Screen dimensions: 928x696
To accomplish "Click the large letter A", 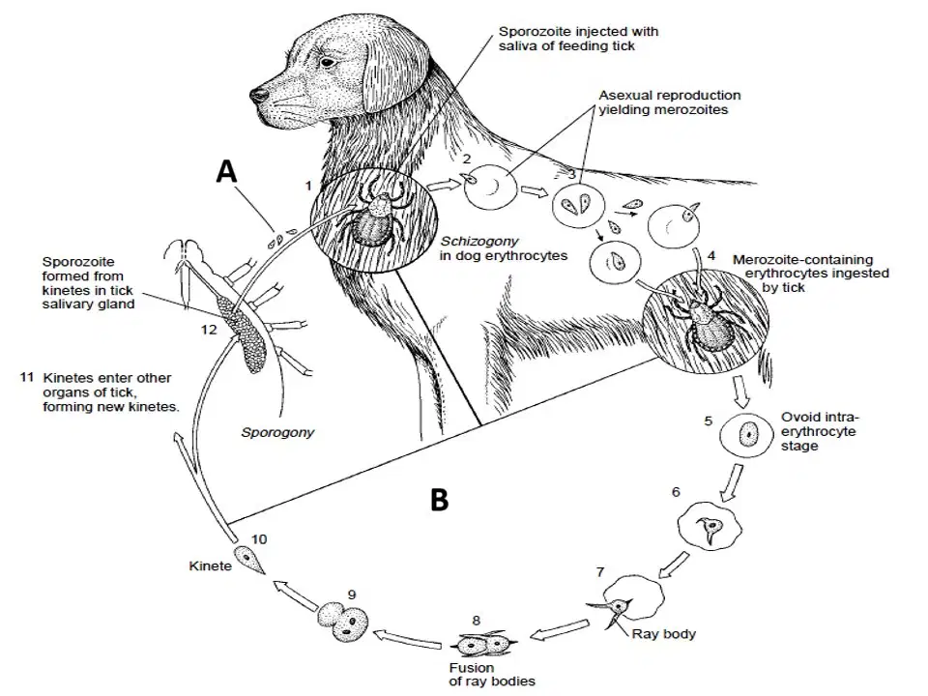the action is point(226,172).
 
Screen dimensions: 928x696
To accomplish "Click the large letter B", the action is point(439,500).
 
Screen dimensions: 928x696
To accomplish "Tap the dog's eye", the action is point(327,62).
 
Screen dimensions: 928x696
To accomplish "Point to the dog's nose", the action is point(258,96).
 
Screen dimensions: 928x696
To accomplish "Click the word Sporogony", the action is point(277,433).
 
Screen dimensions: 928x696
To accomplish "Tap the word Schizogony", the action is point(479,242).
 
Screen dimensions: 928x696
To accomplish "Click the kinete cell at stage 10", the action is point(249,560).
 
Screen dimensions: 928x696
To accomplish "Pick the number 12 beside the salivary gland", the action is point(209,330).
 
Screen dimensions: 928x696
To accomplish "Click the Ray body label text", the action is point(663,634).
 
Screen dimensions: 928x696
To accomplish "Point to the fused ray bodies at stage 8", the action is point(484,644).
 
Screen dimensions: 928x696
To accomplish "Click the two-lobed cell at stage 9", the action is point(343,621).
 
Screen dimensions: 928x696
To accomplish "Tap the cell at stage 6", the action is point(709,526).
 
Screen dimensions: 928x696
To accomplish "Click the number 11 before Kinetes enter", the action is point(27,377).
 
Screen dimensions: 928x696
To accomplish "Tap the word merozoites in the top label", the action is point(694,110).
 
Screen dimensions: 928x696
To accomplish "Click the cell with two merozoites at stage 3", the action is point(578,205).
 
